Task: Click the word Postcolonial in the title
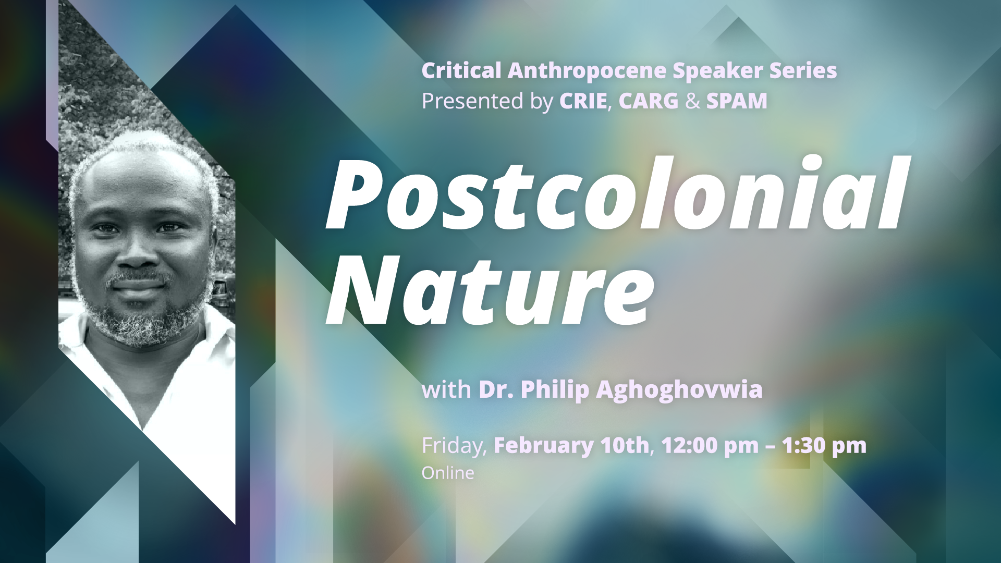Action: tap(617, 193)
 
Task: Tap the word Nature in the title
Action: tap(490, 290)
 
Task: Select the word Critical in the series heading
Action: tap(461, 71)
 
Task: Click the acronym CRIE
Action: tap(583, 101)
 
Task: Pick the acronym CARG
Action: tap(649, 101)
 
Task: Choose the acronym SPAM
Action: tap(737, 101)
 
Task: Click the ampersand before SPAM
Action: tap(693, 101)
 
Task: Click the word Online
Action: tap(448, 473)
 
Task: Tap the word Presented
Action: tap(472, 101)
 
